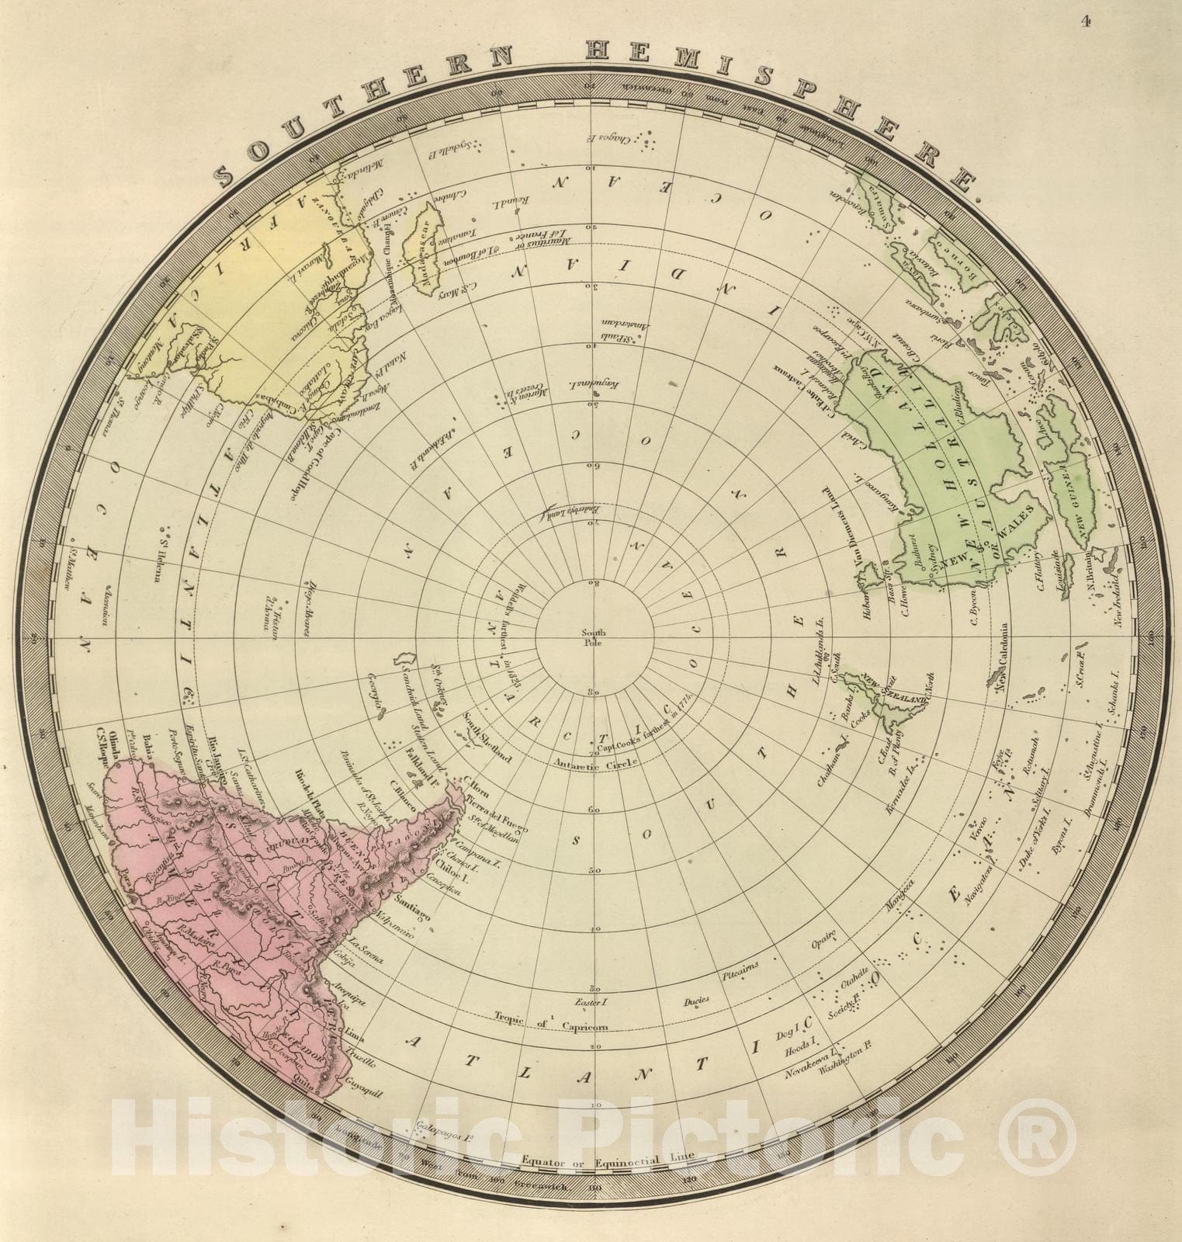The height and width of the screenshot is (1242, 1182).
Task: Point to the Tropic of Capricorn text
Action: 550,1024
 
